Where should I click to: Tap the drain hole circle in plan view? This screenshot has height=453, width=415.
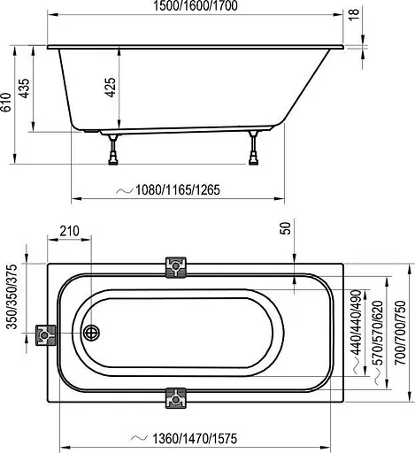pyautogui.click(x=90, y=334)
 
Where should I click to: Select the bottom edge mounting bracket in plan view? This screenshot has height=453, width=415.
pyautogui.click(x=176, y=400)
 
